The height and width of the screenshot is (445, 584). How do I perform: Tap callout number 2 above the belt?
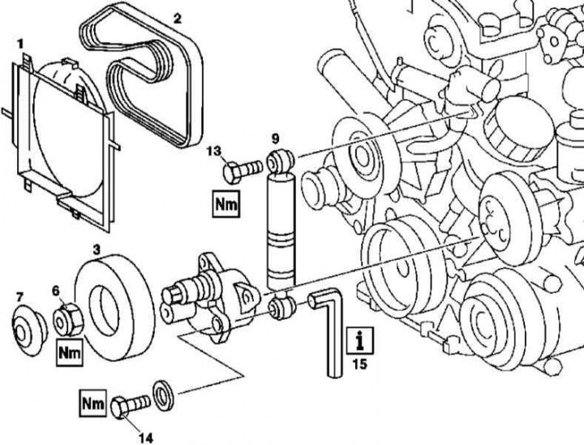pyautogui.click(x=178, y=15)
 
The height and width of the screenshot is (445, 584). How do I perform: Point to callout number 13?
pyautogui.click(x=213, y=151)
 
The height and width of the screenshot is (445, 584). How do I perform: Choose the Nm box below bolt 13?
pyautogui.click(x=226, y=203)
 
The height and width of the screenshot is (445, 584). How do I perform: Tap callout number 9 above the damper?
pyautogui.click(x=275, y=136)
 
